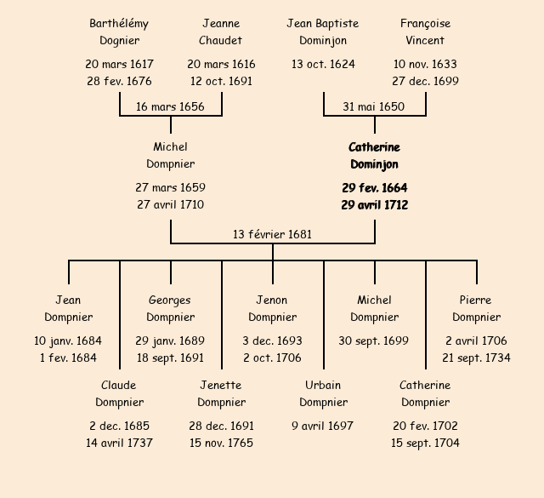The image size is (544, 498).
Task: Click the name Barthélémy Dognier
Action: [x=119, y=31]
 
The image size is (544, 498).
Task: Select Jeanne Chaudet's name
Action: [x=221, y=31]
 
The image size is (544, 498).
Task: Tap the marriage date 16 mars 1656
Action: [x=170, y=106]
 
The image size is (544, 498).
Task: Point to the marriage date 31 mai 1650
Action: [x=374, y=106]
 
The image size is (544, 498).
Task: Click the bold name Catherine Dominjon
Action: [x=374, y=156]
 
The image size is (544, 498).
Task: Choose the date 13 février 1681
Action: [x=272, y=234]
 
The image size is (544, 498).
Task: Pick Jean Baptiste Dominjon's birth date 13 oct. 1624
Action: [x=323, y=64]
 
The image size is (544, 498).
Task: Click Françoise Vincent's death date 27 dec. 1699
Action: [x=425, y=82]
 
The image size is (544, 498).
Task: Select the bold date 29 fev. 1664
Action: [x=374, y=187]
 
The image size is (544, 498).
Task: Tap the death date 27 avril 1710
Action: [x=170, y=205]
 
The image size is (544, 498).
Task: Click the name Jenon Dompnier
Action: [x=272, y=308]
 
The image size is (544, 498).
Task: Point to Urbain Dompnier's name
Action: [x=323, y=393]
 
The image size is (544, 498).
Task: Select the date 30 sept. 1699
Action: [x=374, y=341]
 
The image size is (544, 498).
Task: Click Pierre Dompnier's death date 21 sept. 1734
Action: [x=476, y=358]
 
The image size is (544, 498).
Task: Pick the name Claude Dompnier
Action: [x=119, y=393]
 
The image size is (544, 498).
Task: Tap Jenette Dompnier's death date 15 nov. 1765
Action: [x=221, y=444]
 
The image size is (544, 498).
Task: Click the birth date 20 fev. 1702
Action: [x=425, y=426]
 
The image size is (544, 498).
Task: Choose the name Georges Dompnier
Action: [x=170, y=308]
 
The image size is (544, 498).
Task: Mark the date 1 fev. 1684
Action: [x=68, y=358]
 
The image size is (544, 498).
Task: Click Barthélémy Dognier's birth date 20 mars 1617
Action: [x=119, y=64]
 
